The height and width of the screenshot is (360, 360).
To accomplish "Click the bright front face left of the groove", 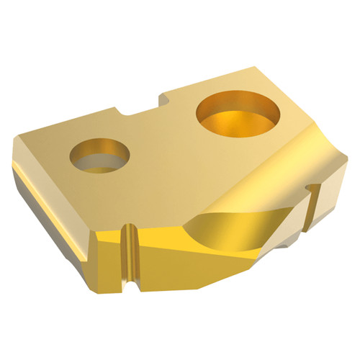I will pos(106,248).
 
